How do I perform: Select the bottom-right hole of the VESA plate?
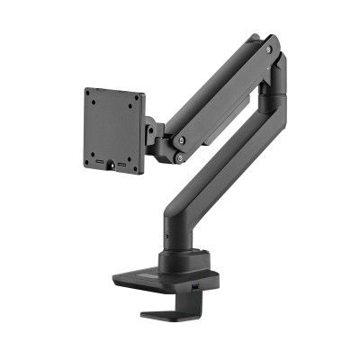[x=135, y=166]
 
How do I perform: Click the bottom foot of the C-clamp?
[x=171, y=314]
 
